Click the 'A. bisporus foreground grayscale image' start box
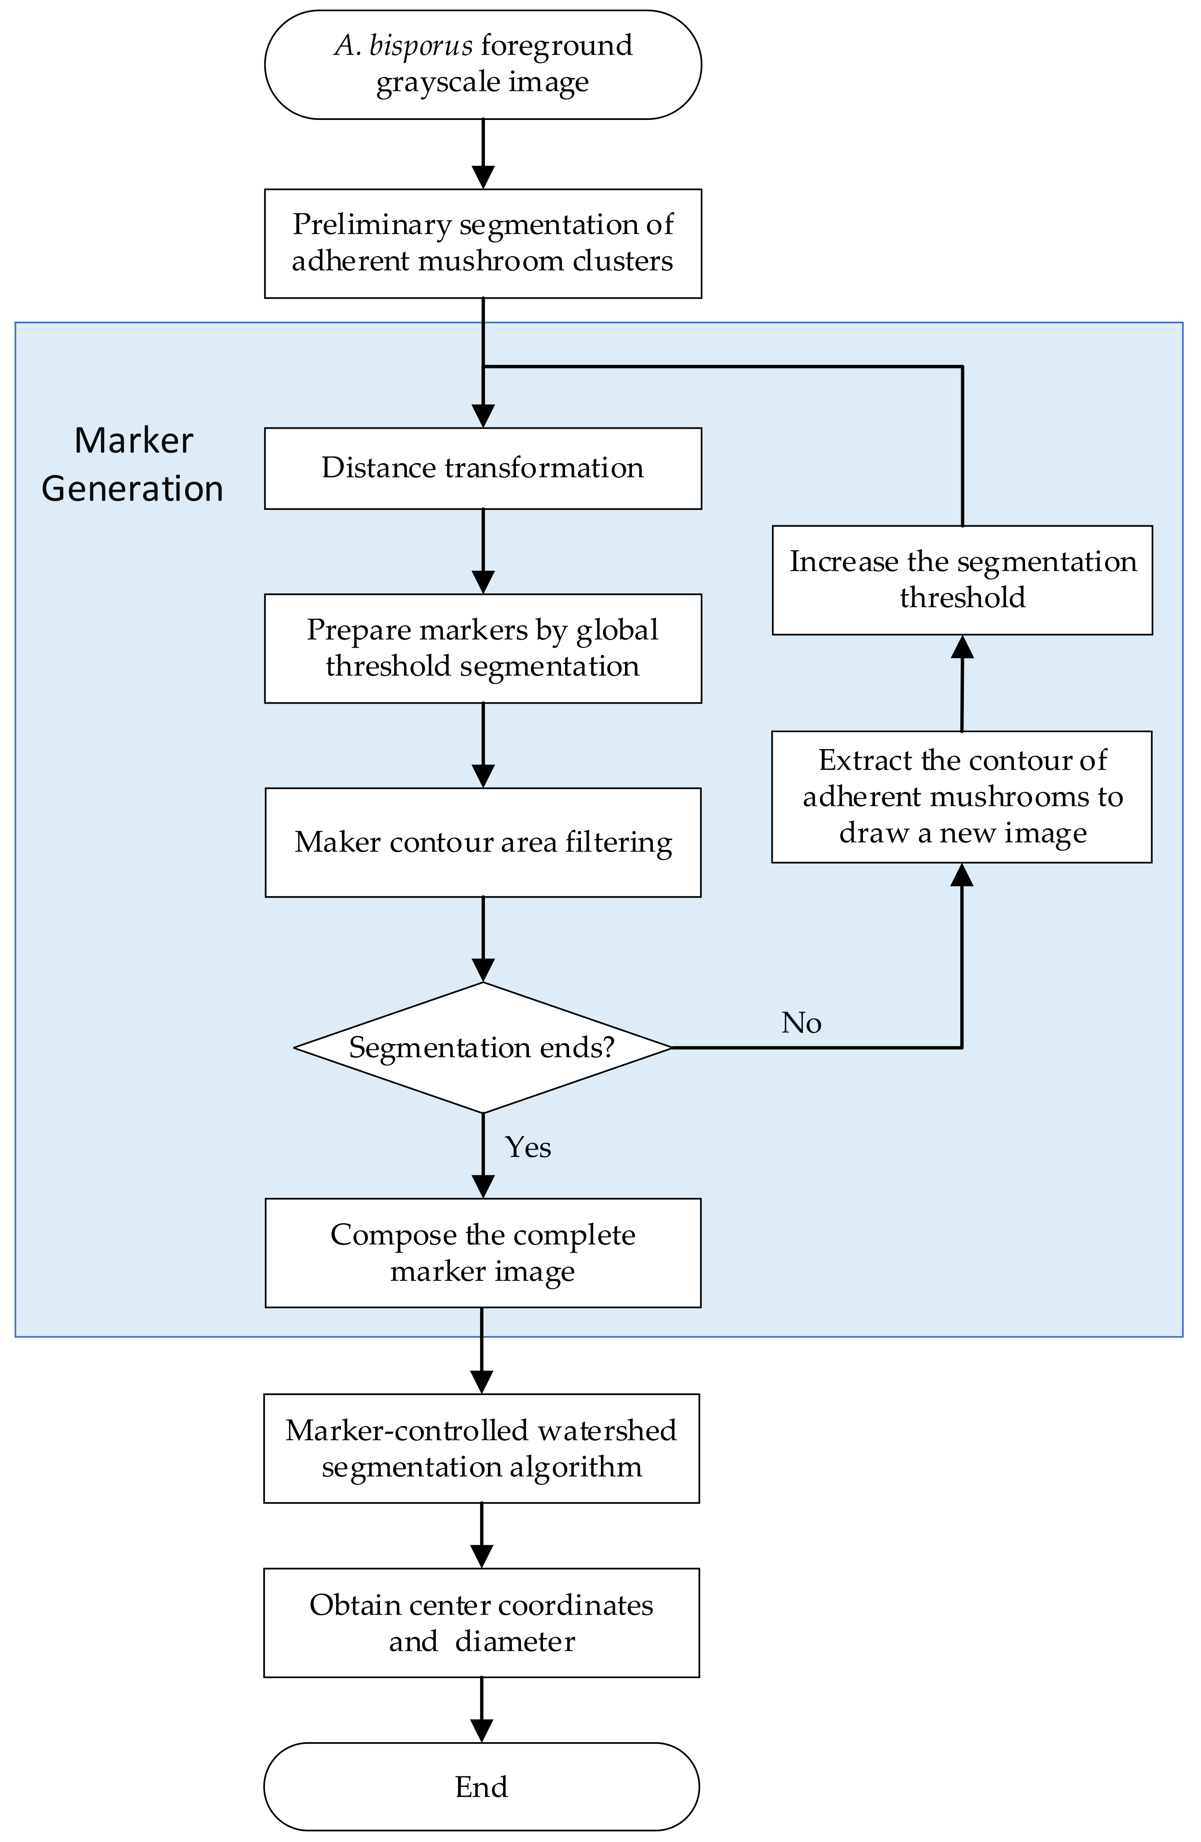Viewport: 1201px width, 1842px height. click(483, 64)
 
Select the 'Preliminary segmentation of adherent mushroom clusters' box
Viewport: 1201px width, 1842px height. click(483, 243)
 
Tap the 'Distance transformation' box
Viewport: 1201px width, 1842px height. click(483, 468)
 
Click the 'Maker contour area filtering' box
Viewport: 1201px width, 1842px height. click(483, 842)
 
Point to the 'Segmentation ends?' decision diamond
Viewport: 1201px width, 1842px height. click(483, 1047)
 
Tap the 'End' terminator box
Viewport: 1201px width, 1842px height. click(481, 1786)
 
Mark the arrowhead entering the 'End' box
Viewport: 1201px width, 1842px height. click(481, 1730)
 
